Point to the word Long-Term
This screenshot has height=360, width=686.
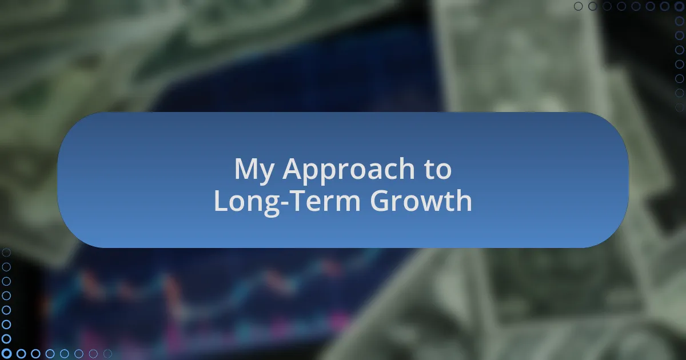[x=287, y=202]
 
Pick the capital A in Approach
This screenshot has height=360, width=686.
[x=293, y=169]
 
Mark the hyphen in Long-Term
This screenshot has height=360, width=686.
[x=285, y=203]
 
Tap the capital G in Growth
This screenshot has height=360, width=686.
[x=380, y=201]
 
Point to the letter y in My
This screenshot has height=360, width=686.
[x=266, y=174]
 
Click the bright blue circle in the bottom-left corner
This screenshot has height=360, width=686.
[x=6, y=354]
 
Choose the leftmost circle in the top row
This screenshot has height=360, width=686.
[x=578, y=6]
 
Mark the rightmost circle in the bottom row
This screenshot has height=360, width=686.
[x=107, y=354]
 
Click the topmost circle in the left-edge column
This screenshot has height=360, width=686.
[x=6, y=253]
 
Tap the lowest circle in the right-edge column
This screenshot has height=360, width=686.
[x=680, y=107]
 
